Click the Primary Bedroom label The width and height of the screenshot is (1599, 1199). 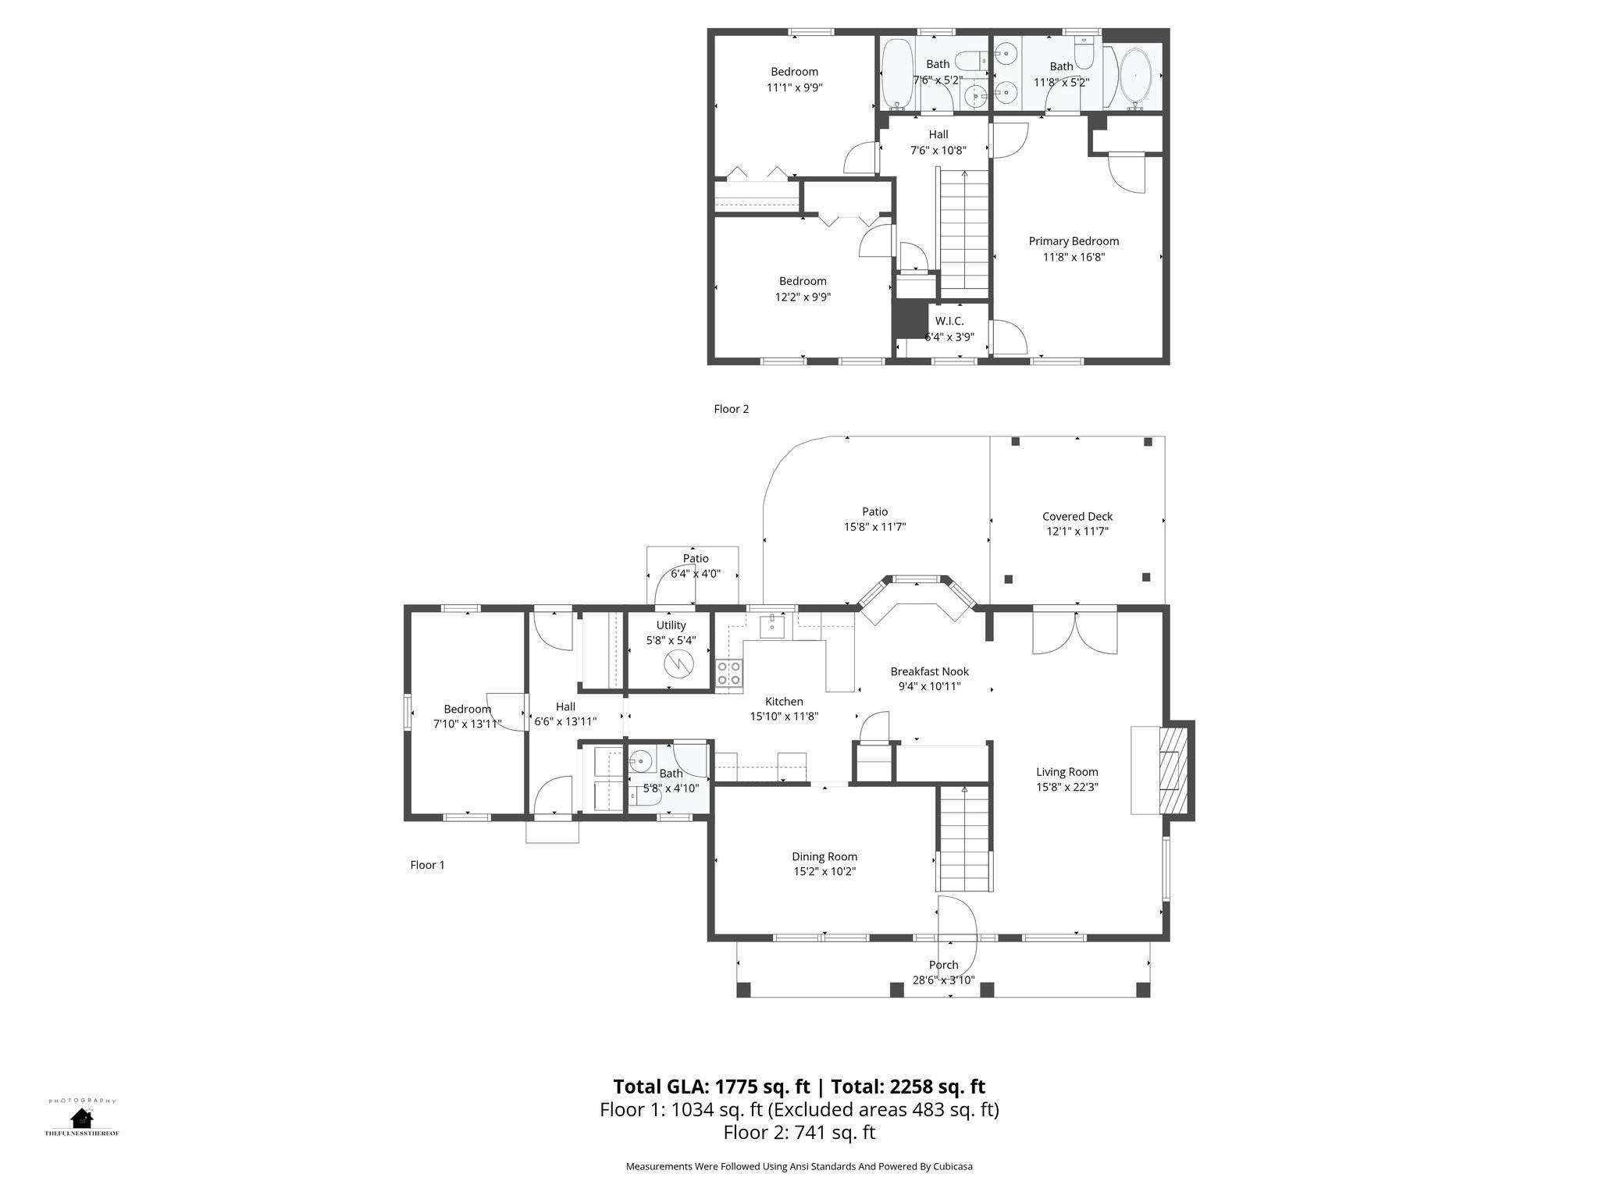[x=1074, y=241]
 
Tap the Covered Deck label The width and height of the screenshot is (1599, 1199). [x=1077, y=516]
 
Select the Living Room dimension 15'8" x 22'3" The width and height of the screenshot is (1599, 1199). [x=1067, y=787]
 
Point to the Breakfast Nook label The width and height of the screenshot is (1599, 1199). [x=930, y=671]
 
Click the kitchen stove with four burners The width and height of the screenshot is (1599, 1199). [x=729, y=673]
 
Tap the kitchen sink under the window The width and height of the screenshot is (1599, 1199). [x=772, y=626]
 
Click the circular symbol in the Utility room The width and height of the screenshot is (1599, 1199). [x=678, y=664]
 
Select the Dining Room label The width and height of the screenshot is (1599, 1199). [x=824, y=856]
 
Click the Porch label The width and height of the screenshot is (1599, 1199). [x=943, y=965]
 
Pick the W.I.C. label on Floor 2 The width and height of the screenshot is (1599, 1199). [x=949, y=321]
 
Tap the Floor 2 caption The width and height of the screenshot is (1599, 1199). [x=732, y=408]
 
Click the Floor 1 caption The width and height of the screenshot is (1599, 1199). [x=427, y=865]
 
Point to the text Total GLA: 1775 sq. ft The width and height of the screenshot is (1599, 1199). [x=712, y=1087]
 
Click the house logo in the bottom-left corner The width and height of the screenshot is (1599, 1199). [x=81, y=1118]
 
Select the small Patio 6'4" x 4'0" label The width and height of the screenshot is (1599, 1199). [x=696, y=566]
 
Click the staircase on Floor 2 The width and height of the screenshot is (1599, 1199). [x=965, y=230]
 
